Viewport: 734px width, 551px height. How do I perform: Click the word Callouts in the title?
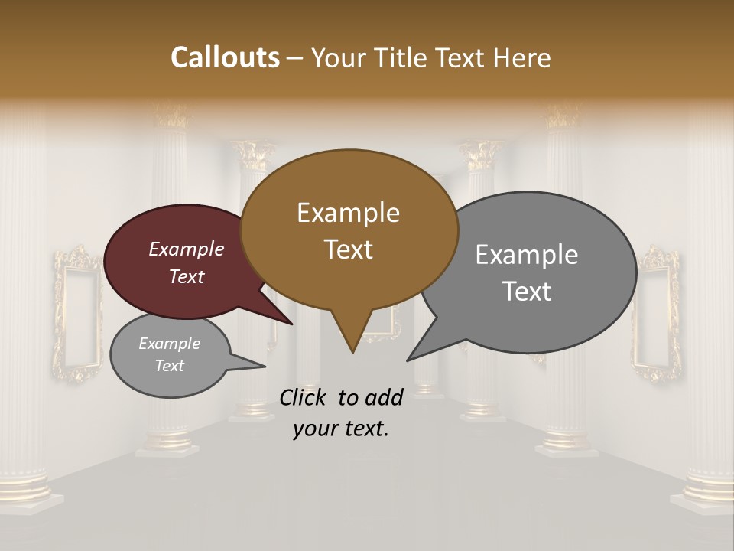(225, 57)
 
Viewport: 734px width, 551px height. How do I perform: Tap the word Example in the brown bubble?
(348, 213)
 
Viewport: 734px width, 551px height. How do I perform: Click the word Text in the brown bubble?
(348, 249)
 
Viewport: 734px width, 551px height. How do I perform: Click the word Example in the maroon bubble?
(186, 249)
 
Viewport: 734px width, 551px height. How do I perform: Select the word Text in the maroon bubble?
(186, 276)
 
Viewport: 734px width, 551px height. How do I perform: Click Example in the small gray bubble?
(169, 344)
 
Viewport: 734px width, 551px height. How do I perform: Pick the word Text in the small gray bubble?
(169, 366)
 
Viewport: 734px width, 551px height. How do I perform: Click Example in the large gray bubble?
(527, 255)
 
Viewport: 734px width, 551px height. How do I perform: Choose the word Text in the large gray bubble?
(527, 292)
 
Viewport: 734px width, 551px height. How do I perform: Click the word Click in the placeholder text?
(304, 397)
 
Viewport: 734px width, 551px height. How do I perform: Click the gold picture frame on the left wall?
(76, 314)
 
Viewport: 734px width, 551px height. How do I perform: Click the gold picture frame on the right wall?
(656, 314)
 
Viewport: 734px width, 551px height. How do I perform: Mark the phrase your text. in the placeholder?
(341, 429)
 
